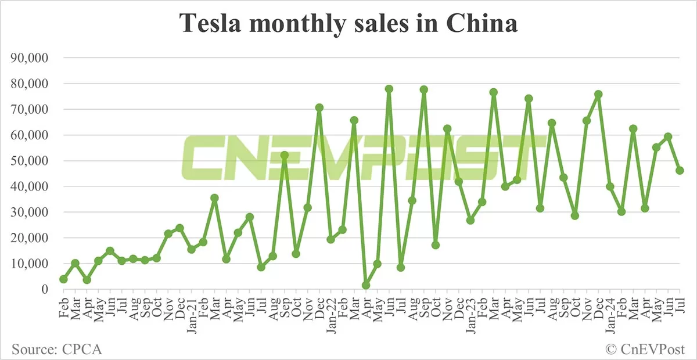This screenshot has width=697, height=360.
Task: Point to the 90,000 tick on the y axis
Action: (29, 58)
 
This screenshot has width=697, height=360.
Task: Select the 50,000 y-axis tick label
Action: (29, 161)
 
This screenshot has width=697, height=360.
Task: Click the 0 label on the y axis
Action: (45, 289)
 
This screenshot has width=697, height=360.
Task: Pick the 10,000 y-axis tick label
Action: (29, 264)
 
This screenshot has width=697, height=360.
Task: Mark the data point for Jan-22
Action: (331, 239)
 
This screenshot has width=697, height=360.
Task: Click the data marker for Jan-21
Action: (192, 249)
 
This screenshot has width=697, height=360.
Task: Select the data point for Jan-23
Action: (470, 220)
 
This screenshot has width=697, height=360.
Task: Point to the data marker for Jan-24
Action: (610, 186)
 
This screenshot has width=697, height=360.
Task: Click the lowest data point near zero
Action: (366, 285)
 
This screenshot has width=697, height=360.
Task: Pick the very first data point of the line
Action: (63, 279)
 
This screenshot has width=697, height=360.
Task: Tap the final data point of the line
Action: (680, 170)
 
